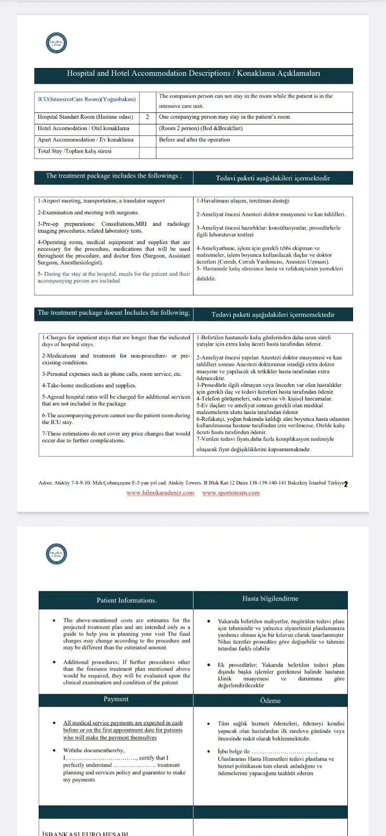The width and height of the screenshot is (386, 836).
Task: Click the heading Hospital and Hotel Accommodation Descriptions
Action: (194, 74)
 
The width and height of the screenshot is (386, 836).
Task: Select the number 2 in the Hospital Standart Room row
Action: (147, 117)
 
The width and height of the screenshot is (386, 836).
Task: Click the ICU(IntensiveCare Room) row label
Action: (87, 99)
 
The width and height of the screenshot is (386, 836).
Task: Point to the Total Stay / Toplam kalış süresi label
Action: (74, 151)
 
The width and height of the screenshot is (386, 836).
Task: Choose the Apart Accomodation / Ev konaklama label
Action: (85, 140)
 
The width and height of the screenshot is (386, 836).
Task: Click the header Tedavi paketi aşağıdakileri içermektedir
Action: (273, 178)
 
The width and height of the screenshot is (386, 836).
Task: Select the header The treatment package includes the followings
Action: (113, 176)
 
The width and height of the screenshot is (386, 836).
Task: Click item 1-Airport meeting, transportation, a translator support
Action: (101, 201)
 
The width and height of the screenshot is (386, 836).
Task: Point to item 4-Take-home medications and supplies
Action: (89, 385)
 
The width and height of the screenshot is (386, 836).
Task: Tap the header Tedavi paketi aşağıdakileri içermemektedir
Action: (273, 315)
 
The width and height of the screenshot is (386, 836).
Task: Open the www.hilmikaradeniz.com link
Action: (161, 493)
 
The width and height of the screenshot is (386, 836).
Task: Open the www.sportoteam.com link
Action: (231, 493)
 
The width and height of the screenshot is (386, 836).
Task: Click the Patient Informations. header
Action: (127, 600)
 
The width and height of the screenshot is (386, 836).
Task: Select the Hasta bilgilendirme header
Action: (270, 599)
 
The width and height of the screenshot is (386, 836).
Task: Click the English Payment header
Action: (116, 699)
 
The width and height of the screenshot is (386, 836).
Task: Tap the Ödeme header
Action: (270, 701)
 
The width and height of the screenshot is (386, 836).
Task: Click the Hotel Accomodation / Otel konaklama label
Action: (83, 128)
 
